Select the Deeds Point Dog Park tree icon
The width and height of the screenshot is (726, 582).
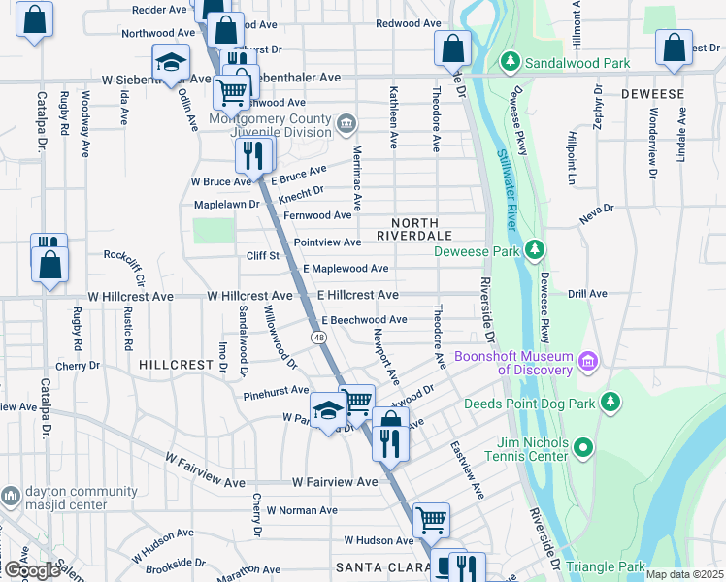(x=610, y=402)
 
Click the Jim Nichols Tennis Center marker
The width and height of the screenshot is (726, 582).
(x=582, y=448)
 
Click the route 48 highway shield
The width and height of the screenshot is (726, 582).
(x=318, y=337)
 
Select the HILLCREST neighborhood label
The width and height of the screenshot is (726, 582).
(x=176, y=365)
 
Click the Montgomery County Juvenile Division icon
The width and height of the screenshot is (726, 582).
(x=346, y=124)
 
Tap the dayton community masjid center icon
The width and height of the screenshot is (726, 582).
(x=11, y=496)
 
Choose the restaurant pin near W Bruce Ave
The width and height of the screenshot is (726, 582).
(x=253, y=155)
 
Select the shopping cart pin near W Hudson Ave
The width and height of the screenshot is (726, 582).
(x=431, y=519)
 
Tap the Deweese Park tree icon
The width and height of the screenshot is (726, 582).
(x=533, y=251)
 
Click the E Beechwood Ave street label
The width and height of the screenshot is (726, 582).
(x=364, y=319)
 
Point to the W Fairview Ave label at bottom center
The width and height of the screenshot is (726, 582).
(x=335, y=482)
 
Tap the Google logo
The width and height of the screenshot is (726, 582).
(x=32, y=570)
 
